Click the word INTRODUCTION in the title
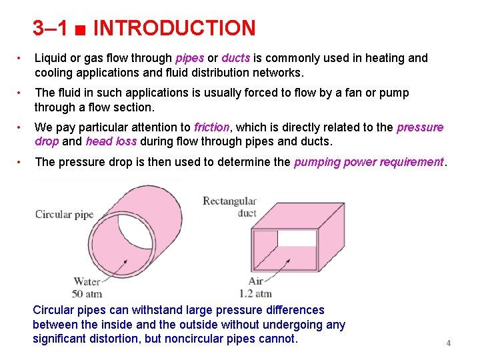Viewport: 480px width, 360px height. pyautogui.click(x=175, y=28)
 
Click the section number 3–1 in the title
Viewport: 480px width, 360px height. pyautogui.click(x=50, y=28)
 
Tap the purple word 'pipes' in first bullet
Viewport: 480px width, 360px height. pyautogui.click(x=190, y=58)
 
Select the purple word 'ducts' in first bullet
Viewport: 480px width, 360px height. pyautogui.click(x=236, y=58)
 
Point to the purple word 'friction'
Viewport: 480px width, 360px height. pyautogui.click(x=211, y=127)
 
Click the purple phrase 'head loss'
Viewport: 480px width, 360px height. pyautogui.click(x=111, y=141)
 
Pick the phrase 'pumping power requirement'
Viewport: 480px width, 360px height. pyautogui.click(x=369, y=162)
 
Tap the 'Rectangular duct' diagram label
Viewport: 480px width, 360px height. pyautogui.click(x=229, y=207)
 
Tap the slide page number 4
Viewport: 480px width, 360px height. pyautogui.click(x=449, y=343)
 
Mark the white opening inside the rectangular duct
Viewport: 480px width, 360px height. pyautogui.click(x=297, y=238)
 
